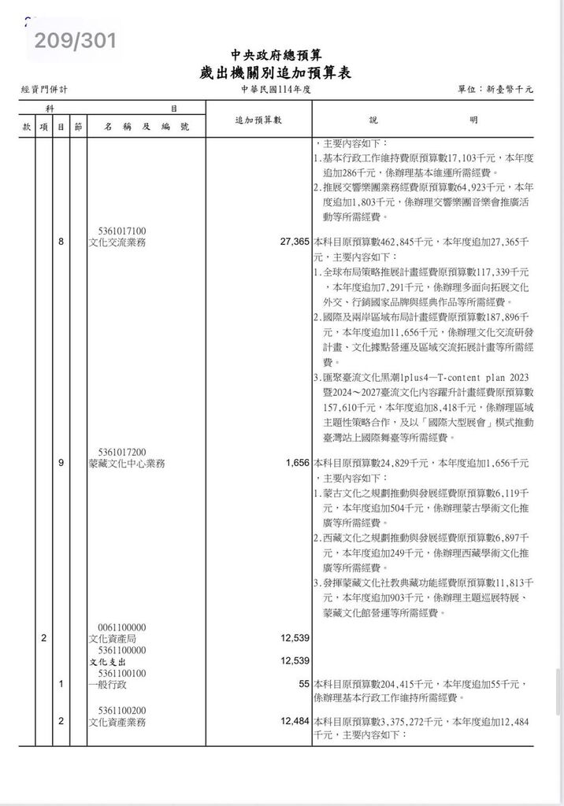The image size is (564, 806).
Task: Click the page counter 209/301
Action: pos(75,40)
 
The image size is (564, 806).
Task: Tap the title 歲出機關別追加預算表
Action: pos(275,73)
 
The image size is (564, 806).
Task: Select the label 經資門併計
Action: pos(45,91)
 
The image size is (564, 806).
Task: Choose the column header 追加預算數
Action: pos(259,120)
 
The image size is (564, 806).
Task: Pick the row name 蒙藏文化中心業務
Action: pos(127,464)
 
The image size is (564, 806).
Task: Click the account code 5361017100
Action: pos(123,231)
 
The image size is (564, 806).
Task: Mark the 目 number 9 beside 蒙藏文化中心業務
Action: pos(61,464)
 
